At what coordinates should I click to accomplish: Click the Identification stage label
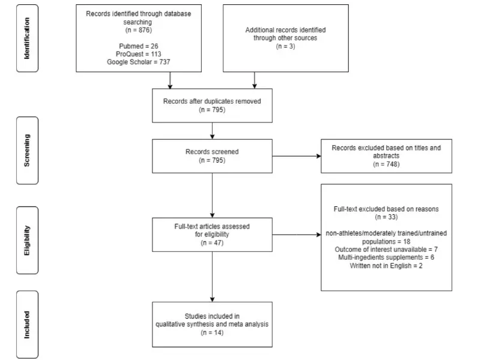pos(27,38)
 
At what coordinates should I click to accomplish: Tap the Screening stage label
pos(27,150)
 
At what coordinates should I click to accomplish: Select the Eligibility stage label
pos(27,241)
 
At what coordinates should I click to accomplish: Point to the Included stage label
pos(27,325)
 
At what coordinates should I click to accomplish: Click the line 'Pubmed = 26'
pos(139,46)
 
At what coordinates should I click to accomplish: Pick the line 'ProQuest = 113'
pos(138,54)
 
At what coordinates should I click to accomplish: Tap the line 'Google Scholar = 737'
pos(138,62)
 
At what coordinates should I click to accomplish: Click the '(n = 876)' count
pos(139,30)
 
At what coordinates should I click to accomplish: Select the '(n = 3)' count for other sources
pos(285,46)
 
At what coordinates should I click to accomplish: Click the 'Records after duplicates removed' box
pos(212,106)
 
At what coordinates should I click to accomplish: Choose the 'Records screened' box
pos(212,156)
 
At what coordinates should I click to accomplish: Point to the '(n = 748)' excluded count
pos(386,164)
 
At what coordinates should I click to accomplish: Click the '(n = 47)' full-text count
pos(212,243)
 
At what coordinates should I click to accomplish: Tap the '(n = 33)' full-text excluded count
pos(386,217)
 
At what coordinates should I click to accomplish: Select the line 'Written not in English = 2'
pos(386,266)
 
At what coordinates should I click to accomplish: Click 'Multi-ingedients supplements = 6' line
pos(386,257)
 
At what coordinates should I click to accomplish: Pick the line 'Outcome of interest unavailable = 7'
pos(386,250)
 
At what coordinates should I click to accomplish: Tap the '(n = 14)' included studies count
pos(212,332)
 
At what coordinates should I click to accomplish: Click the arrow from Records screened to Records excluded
pos(297,156)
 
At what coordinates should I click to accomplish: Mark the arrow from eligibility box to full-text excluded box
pos(297,235)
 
